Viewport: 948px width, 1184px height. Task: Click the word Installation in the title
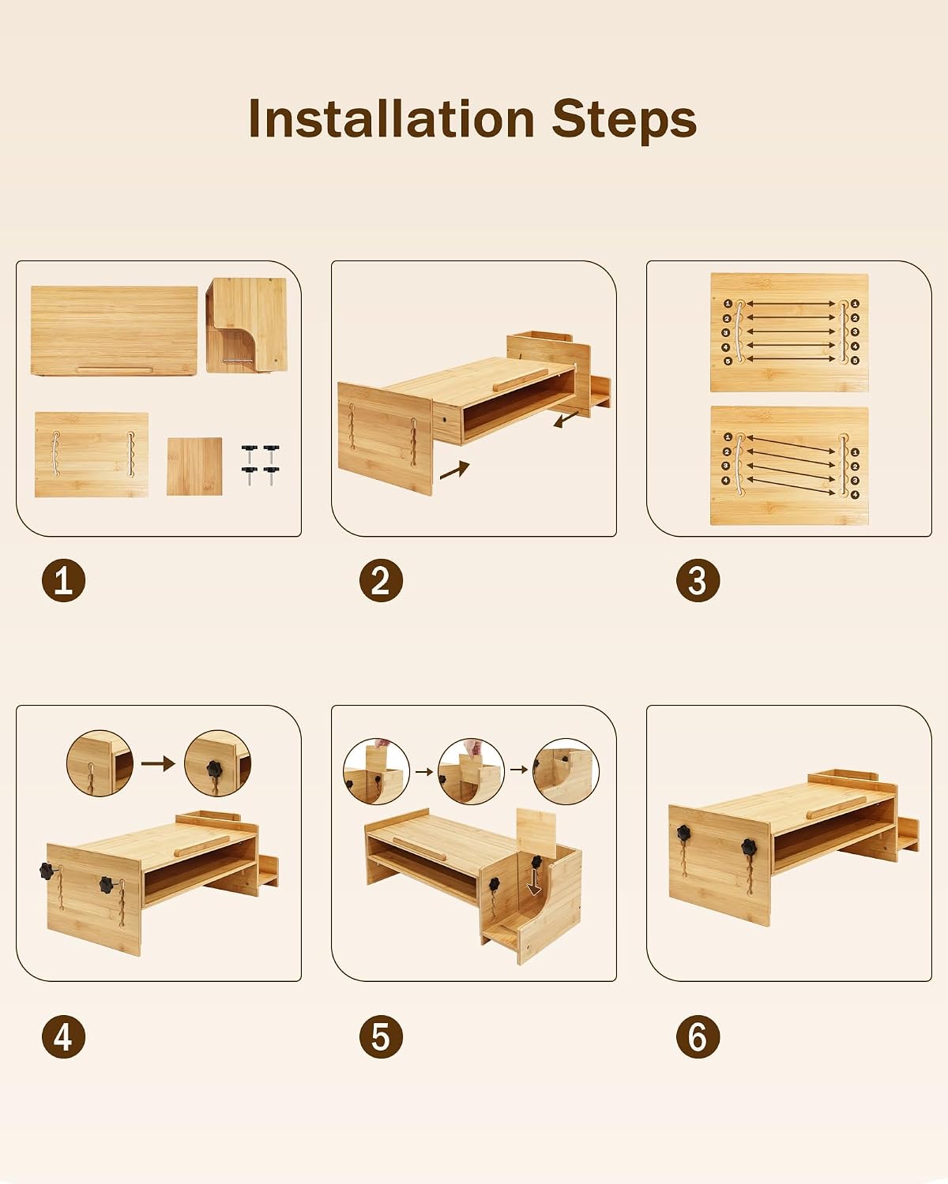coord(392,118)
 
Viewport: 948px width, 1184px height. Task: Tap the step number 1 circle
coord(63,580)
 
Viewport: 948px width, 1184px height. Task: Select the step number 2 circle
coord(381,580)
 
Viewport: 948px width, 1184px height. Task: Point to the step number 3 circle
coord(698,580)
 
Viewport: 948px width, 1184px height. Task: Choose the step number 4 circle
coord(63,1036)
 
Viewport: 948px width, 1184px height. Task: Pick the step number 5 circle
coord(381,1036)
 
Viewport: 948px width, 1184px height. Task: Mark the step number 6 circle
coord(698,1036)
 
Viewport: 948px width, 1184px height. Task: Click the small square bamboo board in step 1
coord(194,466)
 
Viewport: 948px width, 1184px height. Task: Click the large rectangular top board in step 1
coord(114,331)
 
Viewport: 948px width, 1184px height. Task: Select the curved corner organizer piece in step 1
coord(246,324)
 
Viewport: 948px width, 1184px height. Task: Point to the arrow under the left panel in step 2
coord(454,470)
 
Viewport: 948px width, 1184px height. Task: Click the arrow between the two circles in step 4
coord(158,763)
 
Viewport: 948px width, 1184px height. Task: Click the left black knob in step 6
coord(684,833)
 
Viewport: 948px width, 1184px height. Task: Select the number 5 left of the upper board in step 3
coord(728,361)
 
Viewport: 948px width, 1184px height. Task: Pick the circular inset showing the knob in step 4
coord(217,763)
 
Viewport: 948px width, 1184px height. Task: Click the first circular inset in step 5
coord(376,771)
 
